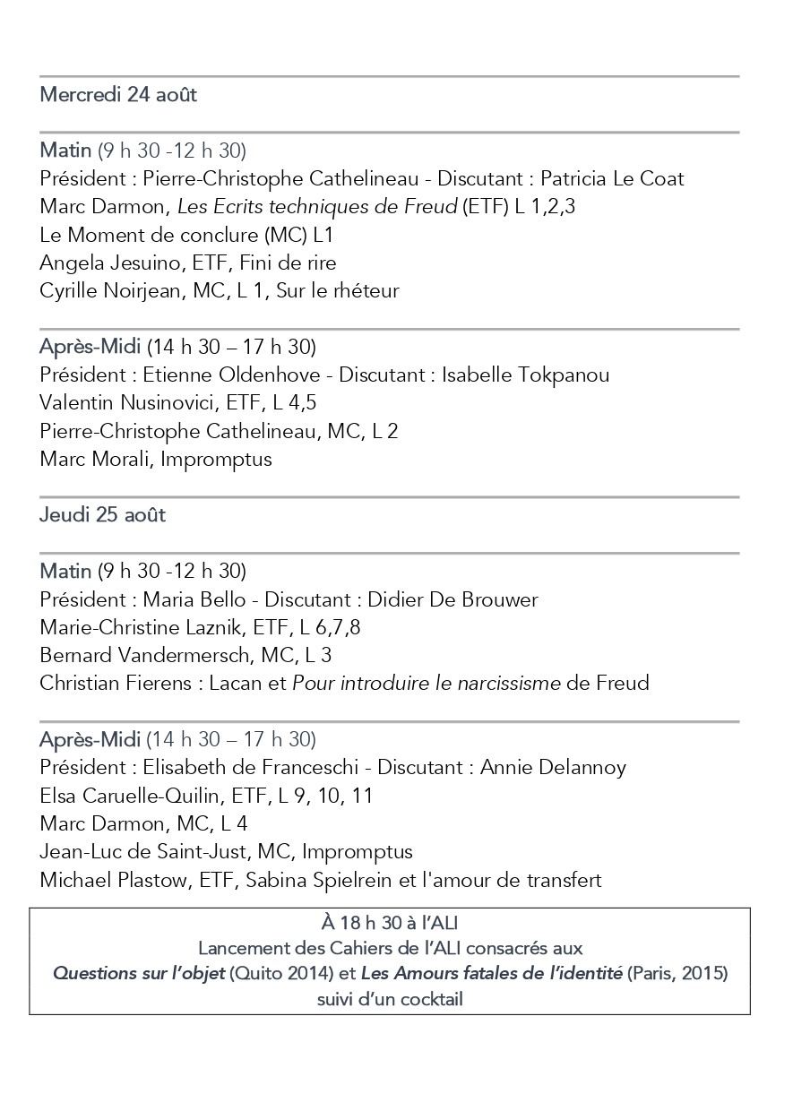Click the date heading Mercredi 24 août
pyautogui.click(x=118, y=95)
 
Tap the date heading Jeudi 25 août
pyautogui.click(x=103, y=515)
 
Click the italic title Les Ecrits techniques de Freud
pyautogui.click(x=317, y=207)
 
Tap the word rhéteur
pyautogui.click(x=362, y=291)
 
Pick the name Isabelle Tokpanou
pyautogui.click(x=526, y=375)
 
